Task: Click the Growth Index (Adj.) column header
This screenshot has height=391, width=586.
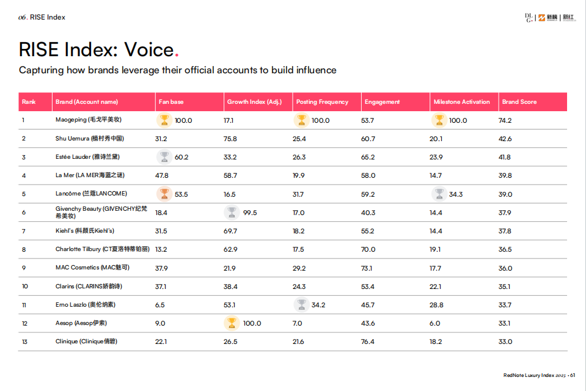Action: click(x=254, y=102)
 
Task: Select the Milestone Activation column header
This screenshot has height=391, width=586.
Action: click(x=461, y=102)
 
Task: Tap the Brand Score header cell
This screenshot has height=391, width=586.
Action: click(x=519, y=102)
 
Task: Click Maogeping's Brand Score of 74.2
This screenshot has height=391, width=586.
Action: click(x=505, y=120)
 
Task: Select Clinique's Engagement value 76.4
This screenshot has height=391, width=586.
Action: click(x=368, y=342)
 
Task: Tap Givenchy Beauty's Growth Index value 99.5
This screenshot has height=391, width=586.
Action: click(x=250, y=213)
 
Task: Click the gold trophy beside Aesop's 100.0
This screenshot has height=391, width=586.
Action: click(x=232, y=323)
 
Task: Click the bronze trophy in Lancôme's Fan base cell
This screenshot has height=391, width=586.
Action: click(x=164, y=194)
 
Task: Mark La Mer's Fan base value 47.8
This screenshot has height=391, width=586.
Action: click(x=162, y=175)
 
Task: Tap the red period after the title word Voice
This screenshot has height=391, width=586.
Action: click(x=177, y=53)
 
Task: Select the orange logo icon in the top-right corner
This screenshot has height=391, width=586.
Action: click(x=541, y=18)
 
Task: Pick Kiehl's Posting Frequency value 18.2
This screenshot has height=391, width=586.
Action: click(x=299, y=231)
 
